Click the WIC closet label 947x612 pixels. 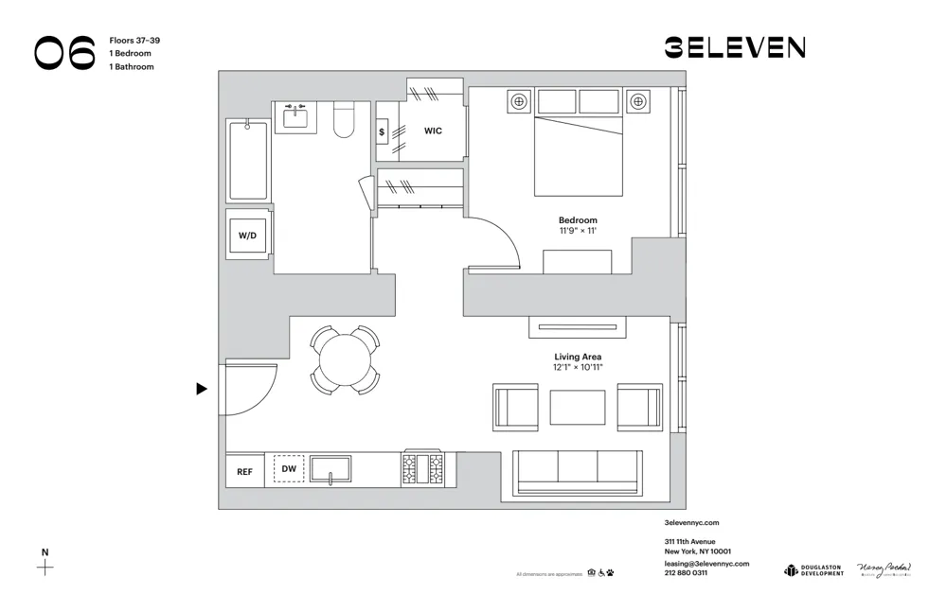pyautogui.click(x=433, y=131)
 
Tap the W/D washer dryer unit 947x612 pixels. pyautogui.click(x=248, y=235)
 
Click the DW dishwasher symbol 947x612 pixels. pyautogui.click(x=290, y=469)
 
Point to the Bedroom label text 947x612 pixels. pyautogui.click(x=578, y=219)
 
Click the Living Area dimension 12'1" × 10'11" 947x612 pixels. pyautogui.click(x=578, y=367)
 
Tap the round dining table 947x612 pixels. pyautogui.click(x=346, y=360)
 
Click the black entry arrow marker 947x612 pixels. pyautogui.click(x=202, y=389)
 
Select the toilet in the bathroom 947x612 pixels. pyautogui.click(x=344, y=120)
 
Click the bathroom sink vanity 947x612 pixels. pyautogui.click(x=295, y=117)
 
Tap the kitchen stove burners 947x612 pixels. pyautogui.click(x=422, y=469)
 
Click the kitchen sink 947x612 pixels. pyautogui.click(x=331, y=469)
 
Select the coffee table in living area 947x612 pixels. pyautogui.click(x=578, y=408)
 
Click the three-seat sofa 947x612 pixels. pyautogui.click(x=578, y=471)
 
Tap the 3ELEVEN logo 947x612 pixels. pyautogui.click(x=734, y=47)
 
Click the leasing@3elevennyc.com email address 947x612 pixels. pyautogui.click(x=706, y=563)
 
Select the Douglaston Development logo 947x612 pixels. pyautogui.click(x=813, y=569)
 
